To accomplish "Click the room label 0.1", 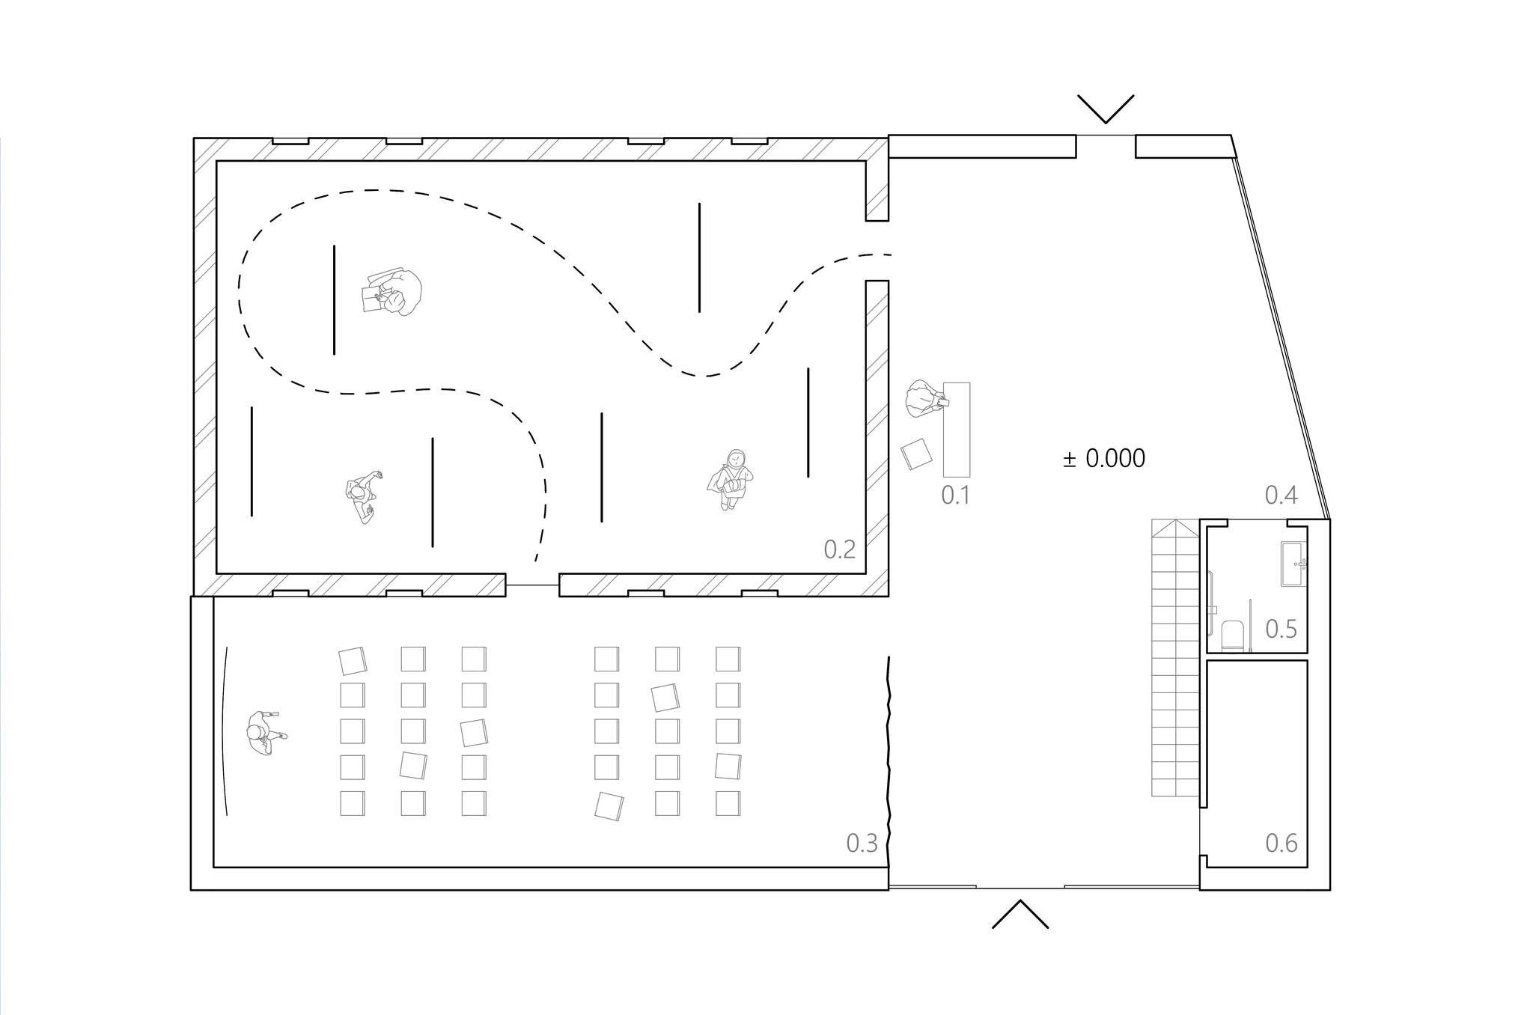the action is click(955, 495).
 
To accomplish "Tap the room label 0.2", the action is click(839, 549).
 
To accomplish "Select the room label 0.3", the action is click(862, 844).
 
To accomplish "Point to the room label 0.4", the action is click(1281, 495).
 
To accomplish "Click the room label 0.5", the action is click(1281, 630).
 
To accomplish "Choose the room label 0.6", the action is click(1281, 844).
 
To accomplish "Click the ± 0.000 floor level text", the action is click(1104, 458).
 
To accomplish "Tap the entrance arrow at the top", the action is click(1106, 109).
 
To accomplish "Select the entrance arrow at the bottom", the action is click(1020, 914).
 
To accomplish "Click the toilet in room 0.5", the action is click(1233, 635).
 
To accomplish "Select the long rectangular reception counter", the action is click(957, 429).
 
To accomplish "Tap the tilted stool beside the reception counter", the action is click(916, 454).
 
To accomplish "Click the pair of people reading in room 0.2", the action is click(392, 292).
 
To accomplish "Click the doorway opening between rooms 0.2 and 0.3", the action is click(532, 585).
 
